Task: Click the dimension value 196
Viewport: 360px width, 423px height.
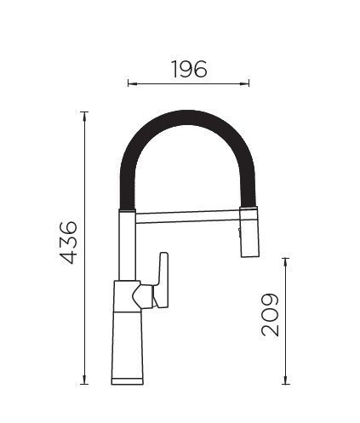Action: pos(190,69)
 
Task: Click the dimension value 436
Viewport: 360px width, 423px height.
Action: pos(68,243)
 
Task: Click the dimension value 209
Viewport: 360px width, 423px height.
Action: pos(270,315)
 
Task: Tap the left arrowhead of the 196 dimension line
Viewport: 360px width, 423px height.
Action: pos(133,83)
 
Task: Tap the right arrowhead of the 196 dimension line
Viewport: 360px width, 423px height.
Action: pos(244,83)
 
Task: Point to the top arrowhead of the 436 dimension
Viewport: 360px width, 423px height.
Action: pos(84,117)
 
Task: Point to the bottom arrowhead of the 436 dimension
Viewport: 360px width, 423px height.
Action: pos(84,380)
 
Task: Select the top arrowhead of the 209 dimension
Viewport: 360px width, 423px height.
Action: pos(286,263)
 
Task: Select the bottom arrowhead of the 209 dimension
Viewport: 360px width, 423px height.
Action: pos(286,380)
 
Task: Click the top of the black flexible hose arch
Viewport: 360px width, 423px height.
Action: pos(187,117)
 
